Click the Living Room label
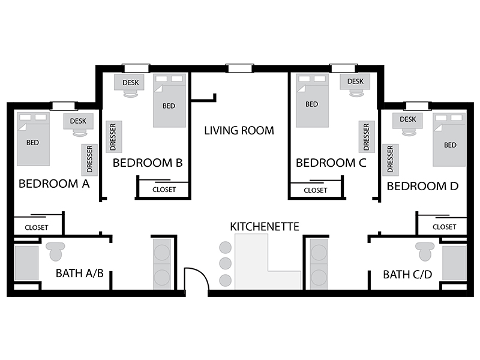tap(239, 130)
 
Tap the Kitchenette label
tap(265, 227)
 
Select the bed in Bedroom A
tap(33, 139)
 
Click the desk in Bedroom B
tap(129, 82)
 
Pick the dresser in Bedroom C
tap(367, 137)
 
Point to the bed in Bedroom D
tap(449, 140)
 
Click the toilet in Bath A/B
tap(55, 251)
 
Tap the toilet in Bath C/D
tap(425, 251)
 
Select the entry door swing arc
tap(202, 274)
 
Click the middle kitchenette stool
tap(226, 263)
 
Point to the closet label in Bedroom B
tap(164, 190)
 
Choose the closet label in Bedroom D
tap(444, 227)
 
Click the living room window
tap(239, 68)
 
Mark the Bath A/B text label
tap(80, 273)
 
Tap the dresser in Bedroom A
tap(89, 160)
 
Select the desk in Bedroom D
tap(408, 121)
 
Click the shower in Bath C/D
tap(454, 263)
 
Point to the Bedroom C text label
tap(331, 163)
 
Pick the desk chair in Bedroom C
tap(356, 94)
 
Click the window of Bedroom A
tap(64, 106)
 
